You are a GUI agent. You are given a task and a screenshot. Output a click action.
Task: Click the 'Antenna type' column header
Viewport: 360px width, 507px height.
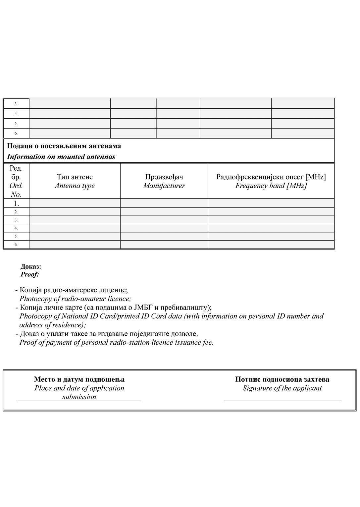75,186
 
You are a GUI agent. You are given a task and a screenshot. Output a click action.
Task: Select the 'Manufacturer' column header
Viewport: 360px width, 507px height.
164,186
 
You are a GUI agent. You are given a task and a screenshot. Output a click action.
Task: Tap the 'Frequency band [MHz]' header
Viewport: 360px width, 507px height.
271,186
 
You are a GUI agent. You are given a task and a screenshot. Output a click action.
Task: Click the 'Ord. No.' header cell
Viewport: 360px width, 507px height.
16,190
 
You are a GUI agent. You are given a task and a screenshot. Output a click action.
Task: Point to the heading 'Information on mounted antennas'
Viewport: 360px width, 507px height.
61,157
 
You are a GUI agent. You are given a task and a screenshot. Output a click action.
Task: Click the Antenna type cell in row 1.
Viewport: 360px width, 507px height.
75,203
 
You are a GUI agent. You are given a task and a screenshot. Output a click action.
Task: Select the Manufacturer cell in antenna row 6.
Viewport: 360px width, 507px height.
164,245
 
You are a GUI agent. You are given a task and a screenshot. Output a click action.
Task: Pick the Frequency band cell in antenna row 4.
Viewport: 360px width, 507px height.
271,228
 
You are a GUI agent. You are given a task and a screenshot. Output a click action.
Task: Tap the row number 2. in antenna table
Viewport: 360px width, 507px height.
16,212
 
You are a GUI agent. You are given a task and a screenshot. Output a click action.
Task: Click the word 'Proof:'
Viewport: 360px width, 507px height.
30,274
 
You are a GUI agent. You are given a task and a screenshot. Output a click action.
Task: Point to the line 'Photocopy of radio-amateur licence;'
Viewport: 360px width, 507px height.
75,299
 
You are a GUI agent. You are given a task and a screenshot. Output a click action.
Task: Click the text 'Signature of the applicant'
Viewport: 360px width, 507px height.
282,388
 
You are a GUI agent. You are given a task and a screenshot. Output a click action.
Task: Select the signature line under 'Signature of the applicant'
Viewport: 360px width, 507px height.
282,401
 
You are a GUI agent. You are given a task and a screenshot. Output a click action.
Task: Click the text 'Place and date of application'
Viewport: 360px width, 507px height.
79,388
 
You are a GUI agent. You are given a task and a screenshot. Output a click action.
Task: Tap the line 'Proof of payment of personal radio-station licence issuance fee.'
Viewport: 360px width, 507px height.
116,342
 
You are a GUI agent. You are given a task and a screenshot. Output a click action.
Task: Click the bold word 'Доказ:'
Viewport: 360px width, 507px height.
31,266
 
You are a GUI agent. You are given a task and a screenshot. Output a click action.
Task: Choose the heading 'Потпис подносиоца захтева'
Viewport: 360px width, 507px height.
282,379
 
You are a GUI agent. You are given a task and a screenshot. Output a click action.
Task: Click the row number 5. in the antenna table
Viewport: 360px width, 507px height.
16,237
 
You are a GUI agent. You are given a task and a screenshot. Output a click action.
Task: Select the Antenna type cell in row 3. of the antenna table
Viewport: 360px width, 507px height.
75,220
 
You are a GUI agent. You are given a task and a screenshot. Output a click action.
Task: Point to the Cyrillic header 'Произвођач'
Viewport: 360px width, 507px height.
164,177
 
